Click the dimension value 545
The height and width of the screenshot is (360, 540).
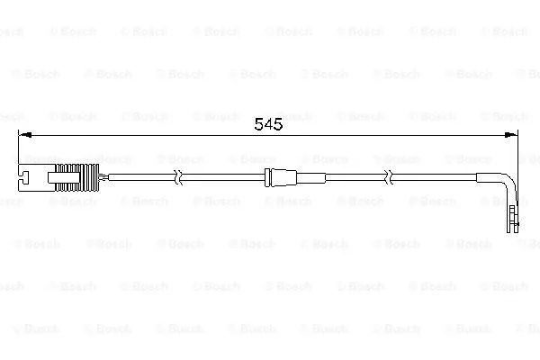tap(268, 124)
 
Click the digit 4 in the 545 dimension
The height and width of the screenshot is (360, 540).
tap(268, 124)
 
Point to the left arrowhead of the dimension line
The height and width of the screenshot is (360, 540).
tap(25, 135)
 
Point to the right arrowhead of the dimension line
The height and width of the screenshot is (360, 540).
tap(510, 135)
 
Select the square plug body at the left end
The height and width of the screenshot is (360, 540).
tap(36, 178)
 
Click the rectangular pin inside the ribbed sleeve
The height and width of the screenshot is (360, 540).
tap(65, 177)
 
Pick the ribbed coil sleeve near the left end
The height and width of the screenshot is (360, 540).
tap(77, 178)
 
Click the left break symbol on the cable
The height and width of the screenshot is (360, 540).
tap(178, 177)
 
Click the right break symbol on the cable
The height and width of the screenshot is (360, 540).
tap(389, 177)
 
